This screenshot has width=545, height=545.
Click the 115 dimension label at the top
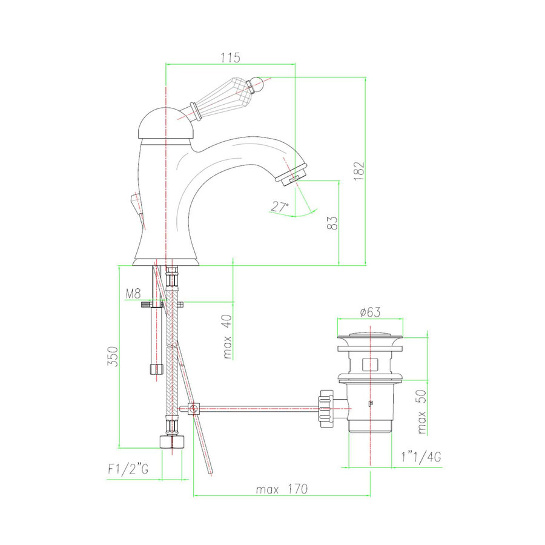coord(231,58)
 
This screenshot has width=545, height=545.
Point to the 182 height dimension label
coord(359,171)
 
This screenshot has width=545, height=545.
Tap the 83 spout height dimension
coord(332,223)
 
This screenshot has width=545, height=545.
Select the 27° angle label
coord(279,207)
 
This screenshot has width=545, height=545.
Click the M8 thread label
coord(133,294)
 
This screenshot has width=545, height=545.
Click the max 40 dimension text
coord(226,337)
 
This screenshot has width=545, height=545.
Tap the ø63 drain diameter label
coord(370,312)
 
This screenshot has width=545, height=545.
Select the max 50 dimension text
coord(421,412)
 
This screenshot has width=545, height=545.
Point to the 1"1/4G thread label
coord(421,457)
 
